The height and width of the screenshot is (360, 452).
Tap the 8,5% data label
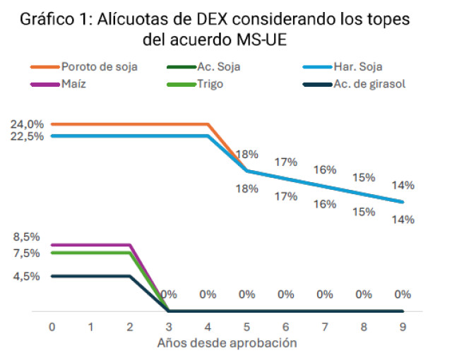click(x=26, y=237)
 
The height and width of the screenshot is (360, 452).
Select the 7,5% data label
click(x=26, y=253)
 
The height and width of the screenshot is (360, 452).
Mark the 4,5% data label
click(x=26, y=276)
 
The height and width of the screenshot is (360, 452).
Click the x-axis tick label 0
click(x=52, y=327)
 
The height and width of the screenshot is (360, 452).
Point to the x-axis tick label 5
click(x=246, y=327)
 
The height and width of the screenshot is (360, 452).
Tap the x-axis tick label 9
click(x=402, y=327)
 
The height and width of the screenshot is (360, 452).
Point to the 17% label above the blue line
click(x=285, y=162)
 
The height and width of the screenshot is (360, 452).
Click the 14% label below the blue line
click(x=403, y=220)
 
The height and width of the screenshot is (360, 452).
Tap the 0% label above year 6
click(x=285, y=294)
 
